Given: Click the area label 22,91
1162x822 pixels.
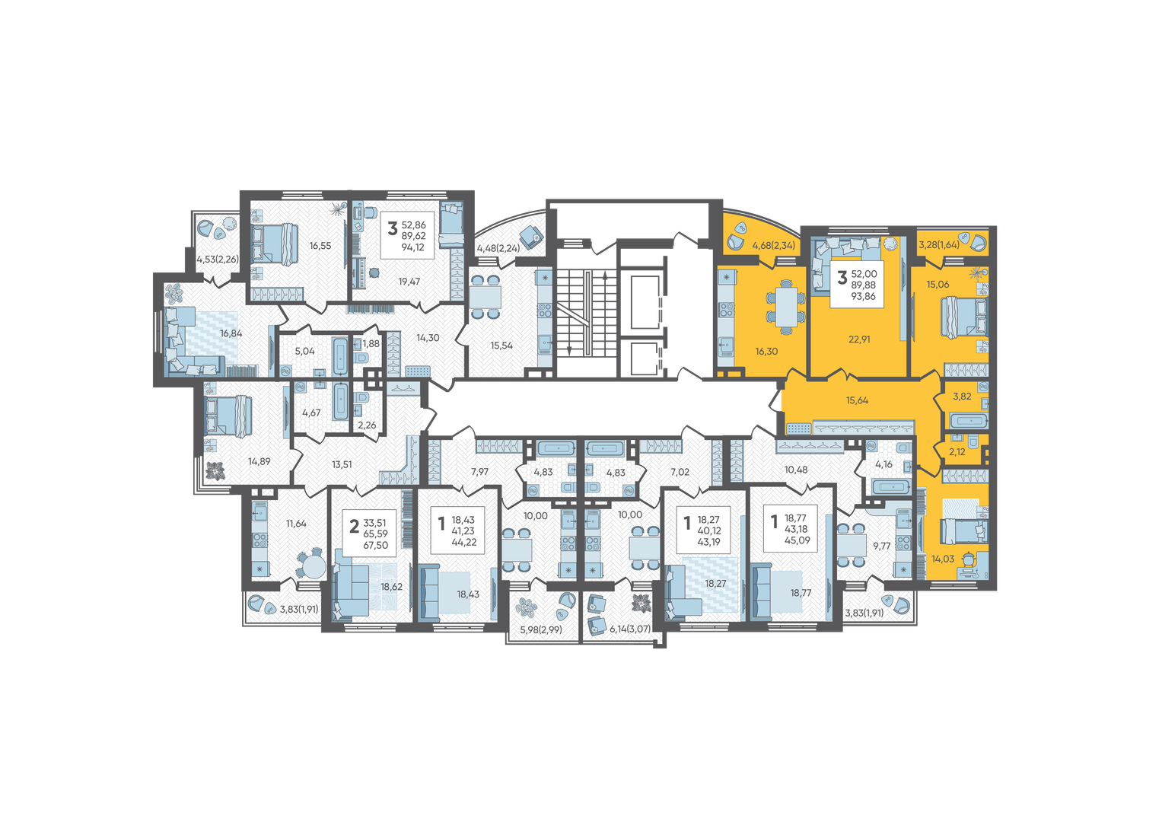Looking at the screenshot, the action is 859,339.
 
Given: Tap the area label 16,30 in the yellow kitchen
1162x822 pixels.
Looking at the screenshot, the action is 766,352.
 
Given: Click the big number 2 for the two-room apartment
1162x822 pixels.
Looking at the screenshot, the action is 355,527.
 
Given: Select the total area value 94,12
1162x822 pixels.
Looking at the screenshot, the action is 413,247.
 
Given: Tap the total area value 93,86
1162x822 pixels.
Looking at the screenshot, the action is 863,296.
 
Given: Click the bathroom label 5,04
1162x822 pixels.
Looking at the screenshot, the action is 304,352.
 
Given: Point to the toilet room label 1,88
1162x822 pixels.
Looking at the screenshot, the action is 371,343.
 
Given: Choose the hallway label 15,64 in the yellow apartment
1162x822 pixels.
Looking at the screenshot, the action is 857,400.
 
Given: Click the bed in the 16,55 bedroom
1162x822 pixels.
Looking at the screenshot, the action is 275,244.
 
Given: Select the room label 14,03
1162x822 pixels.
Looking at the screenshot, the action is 943,559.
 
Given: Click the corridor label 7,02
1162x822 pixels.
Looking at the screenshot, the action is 680,472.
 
